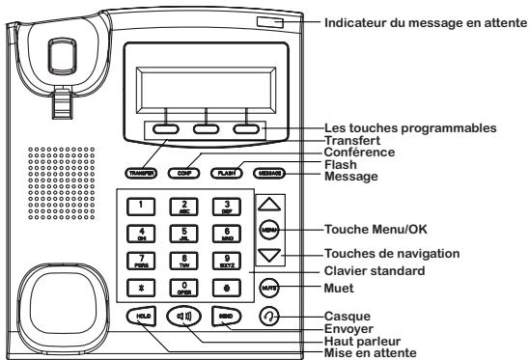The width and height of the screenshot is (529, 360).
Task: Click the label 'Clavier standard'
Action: (378, 269)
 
